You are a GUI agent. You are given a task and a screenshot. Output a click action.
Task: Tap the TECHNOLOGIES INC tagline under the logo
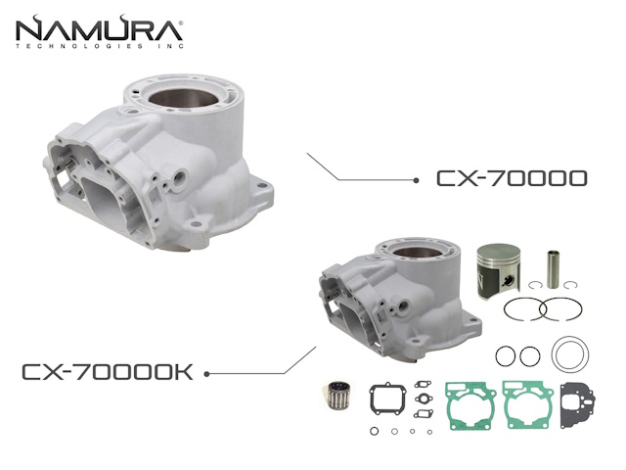[100, 46]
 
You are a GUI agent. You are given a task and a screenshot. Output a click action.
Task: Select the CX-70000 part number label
[512, 178]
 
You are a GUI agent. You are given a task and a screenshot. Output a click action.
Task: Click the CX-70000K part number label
[108, 372]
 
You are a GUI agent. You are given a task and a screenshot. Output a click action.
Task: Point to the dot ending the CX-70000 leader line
[416, 180]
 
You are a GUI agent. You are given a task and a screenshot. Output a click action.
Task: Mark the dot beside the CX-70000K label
[206, 374]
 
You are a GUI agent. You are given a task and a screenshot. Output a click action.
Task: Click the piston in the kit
[499, 270]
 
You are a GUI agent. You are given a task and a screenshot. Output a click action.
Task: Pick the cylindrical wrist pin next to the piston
[553, 269]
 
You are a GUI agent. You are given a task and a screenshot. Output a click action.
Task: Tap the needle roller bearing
[335, 396]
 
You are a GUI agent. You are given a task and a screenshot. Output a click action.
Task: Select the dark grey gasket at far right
[577, 405]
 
